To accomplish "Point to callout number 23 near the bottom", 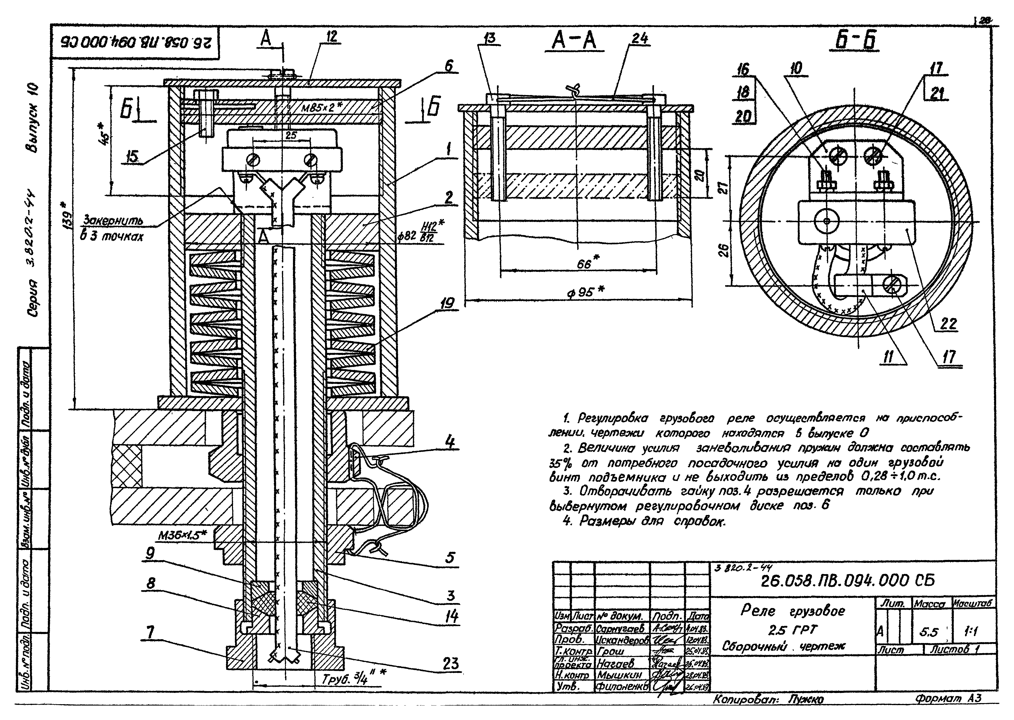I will click(450, 664).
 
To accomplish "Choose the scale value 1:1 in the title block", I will click(971, 632).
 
